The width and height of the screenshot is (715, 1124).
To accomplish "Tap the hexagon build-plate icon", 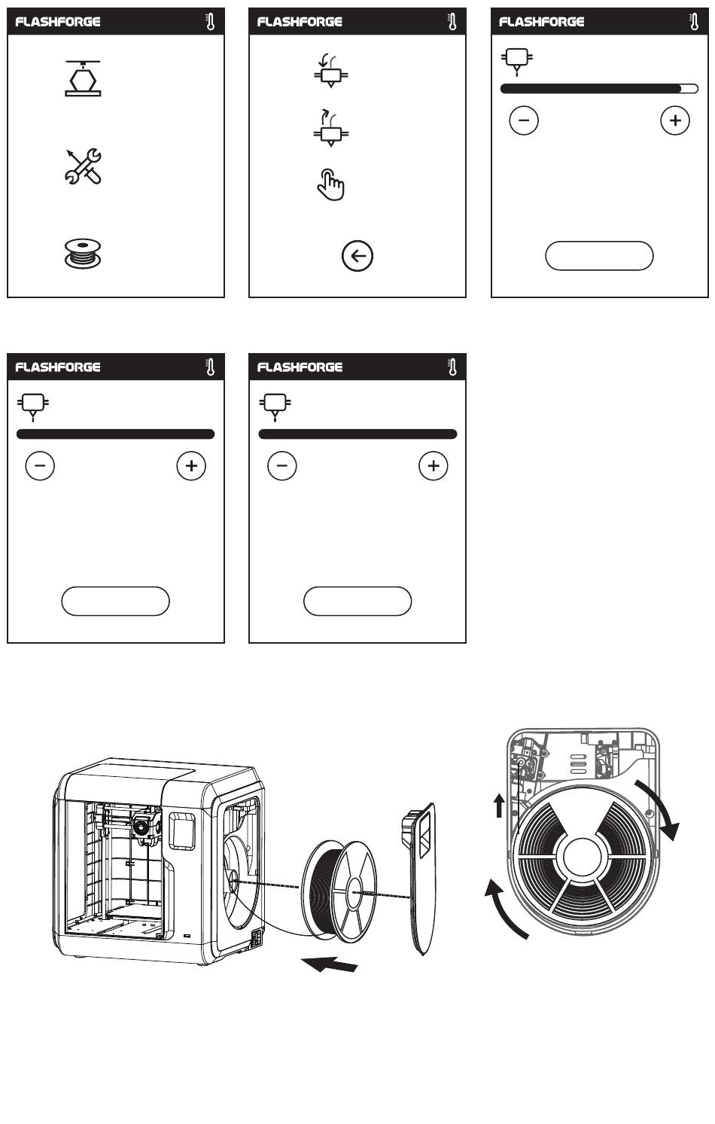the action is (x=83, y=78).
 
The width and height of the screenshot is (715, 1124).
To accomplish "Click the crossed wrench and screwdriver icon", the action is (x=83, y=166).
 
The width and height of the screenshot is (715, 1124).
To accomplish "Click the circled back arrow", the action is (x=357, y=257).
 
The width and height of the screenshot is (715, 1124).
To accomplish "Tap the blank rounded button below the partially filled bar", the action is (x=599, y=257).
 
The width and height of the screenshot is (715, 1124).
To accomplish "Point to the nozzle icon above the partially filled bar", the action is (x=517, y=60).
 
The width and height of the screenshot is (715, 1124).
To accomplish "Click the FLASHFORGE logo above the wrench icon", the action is (x=58, y=22).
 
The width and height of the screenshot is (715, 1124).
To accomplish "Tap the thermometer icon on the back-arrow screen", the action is (x=453, y=22).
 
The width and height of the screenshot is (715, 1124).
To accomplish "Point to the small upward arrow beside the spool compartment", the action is (x=498, y=807).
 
